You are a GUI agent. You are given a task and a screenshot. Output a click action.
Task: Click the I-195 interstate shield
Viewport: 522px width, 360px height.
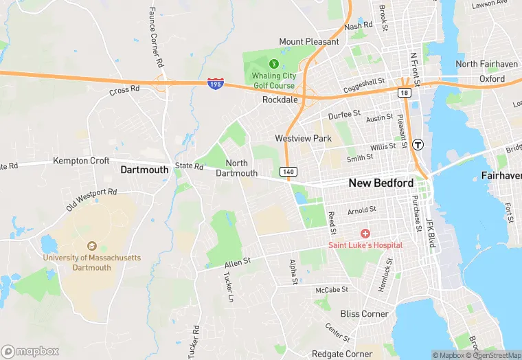pyautogui.click(x=215, y=83)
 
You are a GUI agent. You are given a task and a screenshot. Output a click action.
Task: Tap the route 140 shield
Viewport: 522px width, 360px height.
pyautogui.click(x=287, y=171)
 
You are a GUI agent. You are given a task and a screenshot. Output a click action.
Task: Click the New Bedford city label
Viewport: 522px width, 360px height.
pyautogui.click(x=381, y=183)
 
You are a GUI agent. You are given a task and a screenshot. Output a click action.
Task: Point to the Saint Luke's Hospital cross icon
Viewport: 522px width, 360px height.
pyautogui.click(x=365, y=234)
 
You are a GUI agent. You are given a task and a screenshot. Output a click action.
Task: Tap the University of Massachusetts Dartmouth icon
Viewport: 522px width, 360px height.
pyautogui.click(x=91, y=246)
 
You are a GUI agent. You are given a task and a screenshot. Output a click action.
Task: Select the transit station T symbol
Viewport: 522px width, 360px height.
pyautogui.click(x=418, y=145)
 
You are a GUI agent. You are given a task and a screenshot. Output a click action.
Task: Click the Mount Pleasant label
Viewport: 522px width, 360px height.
pyautogui.click(x=309, y=42)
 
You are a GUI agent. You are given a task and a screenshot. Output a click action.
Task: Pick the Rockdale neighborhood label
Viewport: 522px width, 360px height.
pyautogui.click(x=280, y=100)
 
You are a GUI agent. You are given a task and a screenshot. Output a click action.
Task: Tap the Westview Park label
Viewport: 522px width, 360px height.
pyautogui.click(x=303, y=138)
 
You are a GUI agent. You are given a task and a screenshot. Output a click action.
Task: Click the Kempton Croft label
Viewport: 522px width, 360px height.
pyautogui.click(x=81, y=161)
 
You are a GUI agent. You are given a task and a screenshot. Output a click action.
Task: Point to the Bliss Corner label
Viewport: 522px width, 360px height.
pyautogui.click(x=364, y=313)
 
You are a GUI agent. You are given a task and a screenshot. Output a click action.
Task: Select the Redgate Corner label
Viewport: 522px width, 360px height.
pyautogui.click(x=341, y=354)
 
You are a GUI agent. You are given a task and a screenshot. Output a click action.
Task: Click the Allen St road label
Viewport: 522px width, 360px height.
pyautogui.click(x=238, y=262)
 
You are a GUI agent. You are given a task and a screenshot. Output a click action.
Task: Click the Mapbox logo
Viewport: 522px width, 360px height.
pyautogui.click(x=31, y=351)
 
